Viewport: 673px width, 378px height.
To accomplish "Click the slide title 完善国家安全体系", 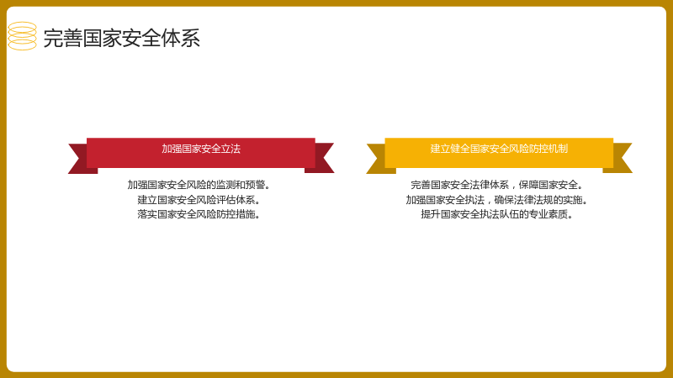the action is coord(121,38).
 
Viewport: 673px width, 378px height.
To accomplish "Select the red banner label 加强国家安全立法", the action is coord(201,149).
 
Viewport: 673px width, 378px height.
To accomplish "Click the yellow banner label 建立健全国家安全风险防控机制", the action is coord(499,149).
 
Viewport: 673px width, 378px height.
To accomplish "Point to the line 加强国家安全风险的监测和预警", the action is coord(199,185).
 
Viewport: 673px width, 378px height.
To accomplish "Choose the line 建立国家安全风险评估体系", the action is coord(199,200).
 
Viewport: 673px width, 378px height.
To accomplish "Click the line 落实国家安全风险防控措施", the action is coord(199,214).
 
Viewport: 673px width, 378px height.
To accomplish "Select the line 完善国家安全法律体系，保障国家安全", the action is coord(496,185).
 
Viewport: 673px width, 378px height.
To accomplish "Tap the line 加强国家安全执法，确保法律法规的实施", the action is coord(496,200).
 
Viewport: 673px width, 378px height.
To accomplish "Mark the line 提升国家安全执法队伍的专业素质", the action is coord(496,214).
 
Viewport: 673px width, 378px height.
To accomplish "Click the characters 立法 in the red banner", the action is coord(231,149).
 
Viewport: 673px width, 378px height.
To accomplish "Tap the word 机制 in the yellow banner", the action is coord(558,149).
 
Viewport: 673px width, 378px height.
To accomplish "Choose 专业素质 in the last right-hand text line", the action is coord(548,214).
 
